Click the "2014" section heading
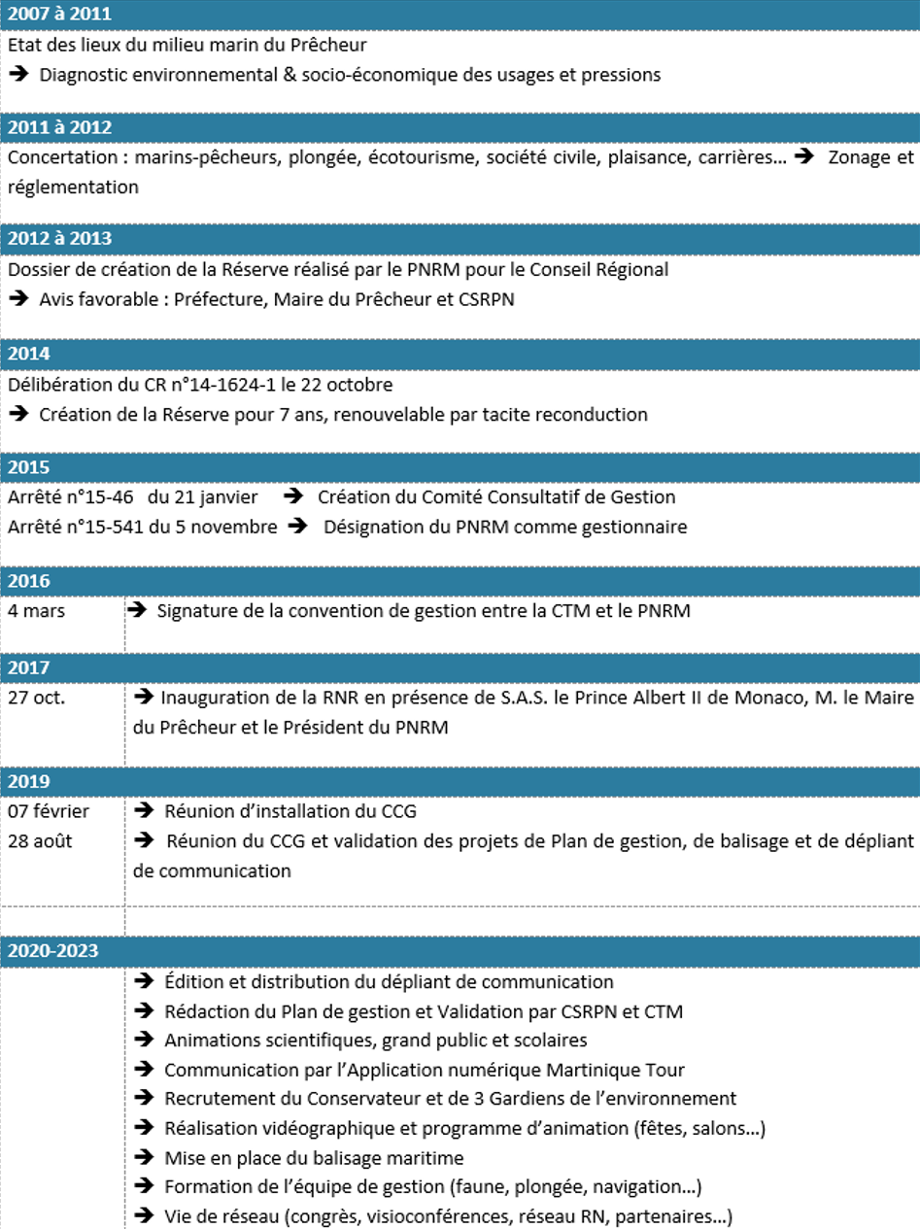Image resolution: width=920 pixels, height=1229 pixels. pos(28,353)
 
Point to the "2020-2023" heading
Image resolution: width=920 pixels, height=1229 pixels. pos(52,950)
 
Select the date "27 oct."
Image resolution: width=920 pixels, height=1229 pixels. pos(38,697)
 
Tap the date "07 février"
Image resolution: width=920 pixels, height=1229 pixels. pos(47,810)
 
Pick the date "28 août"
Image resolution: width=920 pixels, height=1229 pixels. pos(40,840)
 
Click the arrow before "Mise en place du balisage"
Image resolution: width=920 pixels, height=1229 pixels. pos(144,1157)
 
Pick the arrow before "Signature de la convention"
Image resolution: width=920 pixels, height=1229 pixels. pos(138,610)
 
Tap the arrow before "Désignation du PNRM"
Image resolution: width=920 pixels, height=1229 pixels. pos(297,528)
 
